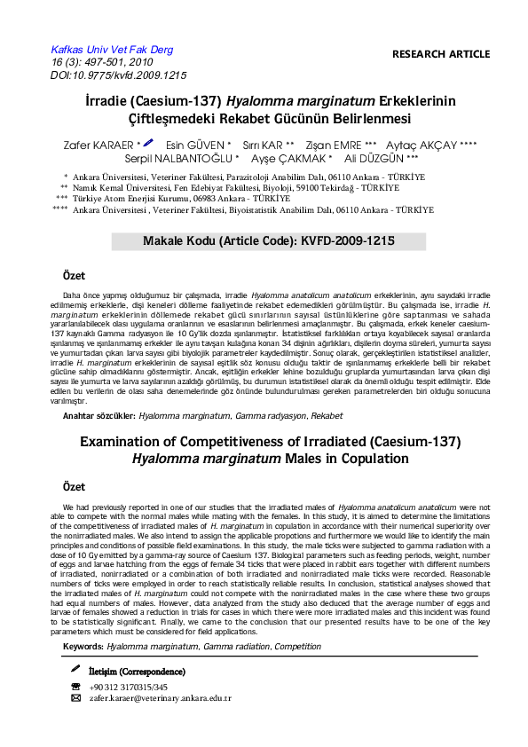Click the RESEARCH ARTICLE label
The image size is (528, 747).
[440, 54]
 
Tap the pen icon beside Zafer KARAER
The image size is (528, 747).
[148, 142]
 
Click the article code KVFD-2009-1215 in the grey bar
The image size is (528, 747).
[343, 240]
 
